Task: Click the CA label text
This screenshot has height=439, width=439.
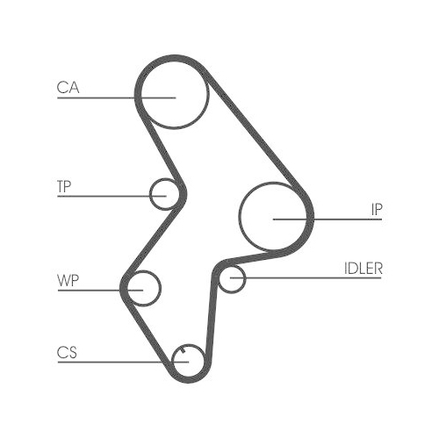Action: coord(68,87)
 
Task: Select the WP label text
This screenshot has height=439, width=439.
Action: coord(67,281)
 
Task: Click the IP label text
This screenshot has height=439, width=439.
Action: coord(376,209)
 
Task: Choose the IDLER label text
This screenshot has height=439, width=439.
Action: coord(363,269)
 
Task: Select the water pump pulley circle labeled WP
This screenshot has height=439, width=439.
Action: coord(143,286)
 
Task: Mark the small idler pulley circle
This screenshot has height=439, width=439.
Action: coord(231,280)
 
